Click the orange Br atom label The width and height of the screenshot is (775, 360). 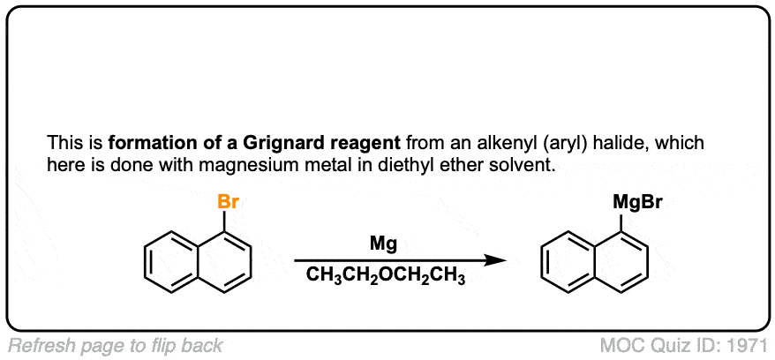229,203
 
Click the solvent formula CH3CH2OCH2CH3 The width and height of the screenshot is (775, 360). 386,276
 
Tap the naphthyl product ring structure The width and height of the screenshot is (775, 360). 596,259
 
